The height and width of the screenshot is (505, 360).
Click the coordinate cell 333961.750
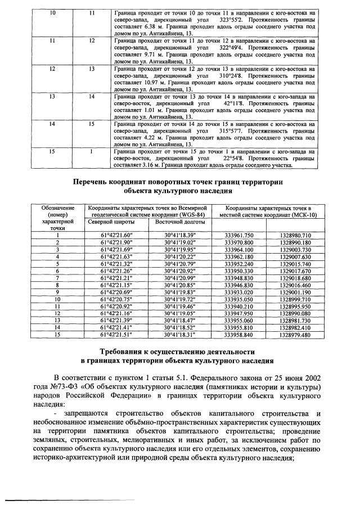239,235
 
